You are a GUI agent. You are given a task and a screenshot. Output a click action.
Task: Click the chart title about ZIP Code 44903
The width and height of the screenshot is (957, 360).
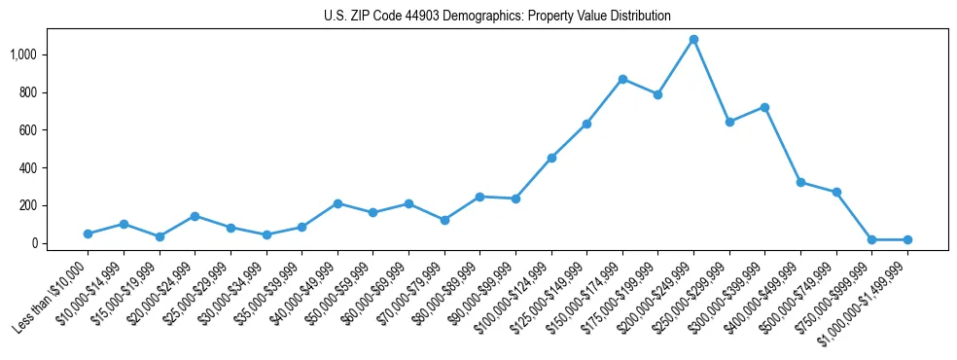(497, 17)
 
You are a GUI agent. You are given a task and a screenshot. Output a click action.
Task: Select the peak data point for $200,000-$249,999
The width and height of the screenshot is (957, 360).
(693, 40)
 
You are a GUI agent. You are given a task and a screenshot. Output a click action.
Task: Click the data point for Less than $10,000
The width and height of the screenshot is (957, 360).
(88, 234)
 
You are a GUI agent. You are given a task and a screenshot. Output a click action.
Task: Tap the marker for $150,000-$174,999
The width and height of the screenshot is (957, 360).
(622, 79)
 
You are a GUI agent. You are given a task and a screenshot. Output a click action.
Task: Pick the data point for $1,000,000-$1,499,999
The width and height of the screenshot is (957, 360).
(907, 239)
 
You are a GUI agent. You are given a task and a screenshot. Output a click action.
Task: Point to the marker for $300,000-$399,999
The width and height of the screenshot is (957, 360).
(764, 107)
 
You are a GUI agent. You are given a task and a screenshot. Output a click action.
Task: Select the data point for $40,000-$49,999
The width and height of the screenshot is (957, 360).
(337, 203)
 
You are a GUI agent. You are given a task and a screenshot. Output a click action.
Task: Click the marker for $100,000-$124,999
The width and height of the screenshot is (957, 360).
(551, 158)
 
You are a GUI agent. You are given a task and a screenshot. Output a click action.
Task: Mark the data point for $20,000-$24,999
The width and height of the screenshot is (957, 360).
(195, 216)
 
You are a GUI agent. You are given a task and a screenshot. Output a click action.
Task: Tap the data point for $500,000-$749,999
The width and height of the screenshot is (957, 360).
(836, 193)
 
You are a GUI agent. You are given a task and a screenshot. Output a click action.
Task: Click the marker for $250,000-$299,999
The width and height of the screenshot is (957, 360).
(729, 122)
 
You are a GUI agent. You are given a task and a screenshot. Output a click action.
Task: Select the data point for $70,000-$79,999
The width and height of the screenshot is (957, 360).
(444, 220)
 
